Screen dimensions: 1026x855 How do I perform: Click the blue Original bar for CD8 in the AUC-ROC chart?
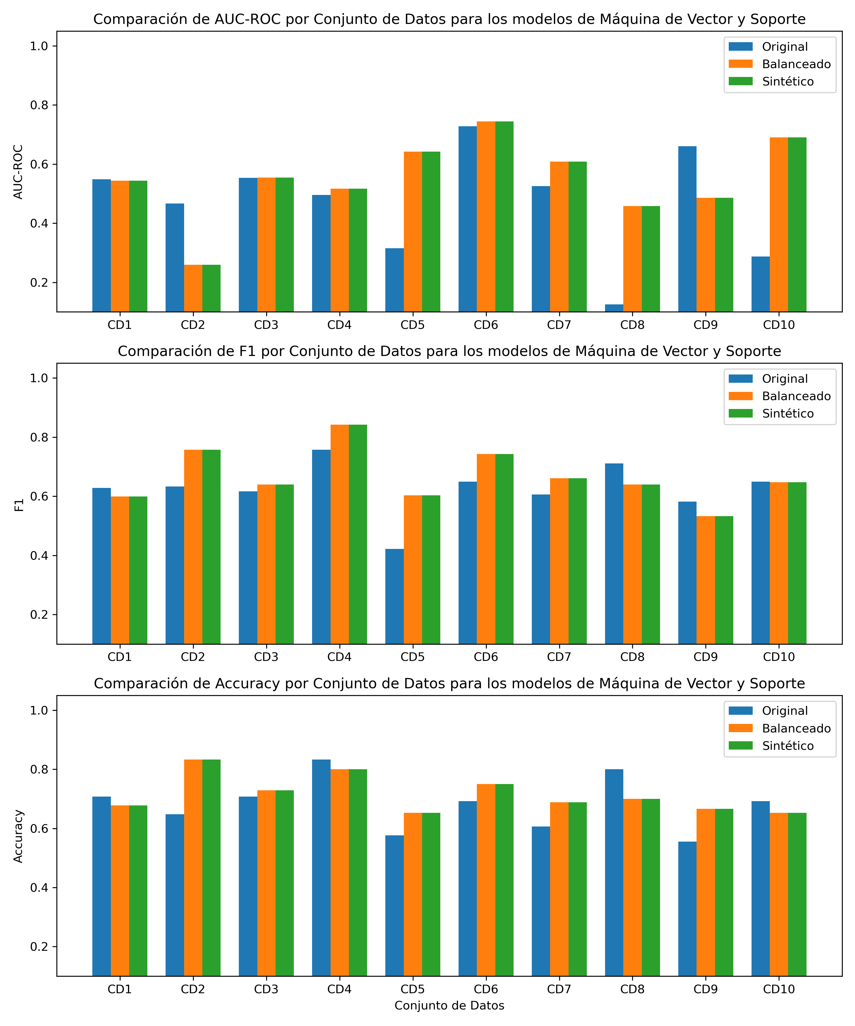pos(614,308)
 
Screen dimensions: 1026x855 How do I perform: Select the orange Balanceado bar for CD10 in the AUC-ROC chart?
pos(779,225)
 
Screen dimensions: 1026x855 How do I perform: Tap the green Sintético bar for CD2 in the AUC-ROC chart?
pos(211,288)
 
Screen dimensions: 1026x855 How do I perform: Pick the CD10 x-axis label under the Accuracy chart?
pos(779,989)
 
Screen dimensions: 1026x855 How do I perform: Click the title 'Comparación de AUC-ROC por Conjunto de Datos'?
pos(449,20)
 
